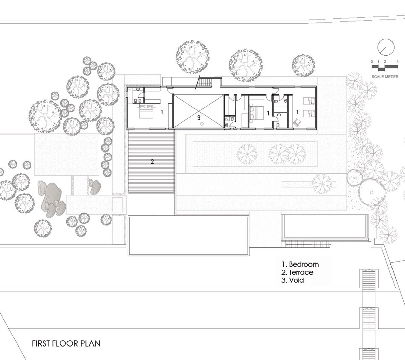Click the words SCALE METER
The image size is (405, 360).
(385, 77)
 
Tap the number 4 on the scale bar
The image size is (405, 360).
(397, 61)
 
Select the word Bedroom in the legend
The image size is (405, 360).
(304, 264)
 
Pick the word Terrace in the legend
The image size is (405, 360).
(301, 272)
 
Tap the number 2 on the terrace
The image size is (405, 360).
(152, 162)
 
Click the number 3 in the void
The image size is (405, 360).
(199, 118)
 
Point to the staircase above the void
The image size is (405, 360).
(206, 82)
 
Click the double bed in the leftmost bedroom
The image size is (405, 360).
(146, 112)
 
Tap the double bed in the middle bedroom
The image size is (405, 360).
(256, 113)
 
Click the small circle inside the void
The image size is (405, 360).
(202, 124)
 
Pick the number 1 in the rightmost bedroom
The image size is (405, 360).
(297, 112)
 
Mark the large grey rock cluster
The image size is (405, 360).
(52, 199)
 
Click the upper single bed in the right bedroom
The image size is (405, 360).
(309, 101)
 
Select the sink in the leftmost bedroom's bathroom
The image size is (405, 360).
(138, 89)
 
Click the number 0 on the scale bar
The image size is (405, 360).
(372, 61)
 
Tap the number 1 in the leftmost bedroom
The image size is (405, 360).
(162, 112)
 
